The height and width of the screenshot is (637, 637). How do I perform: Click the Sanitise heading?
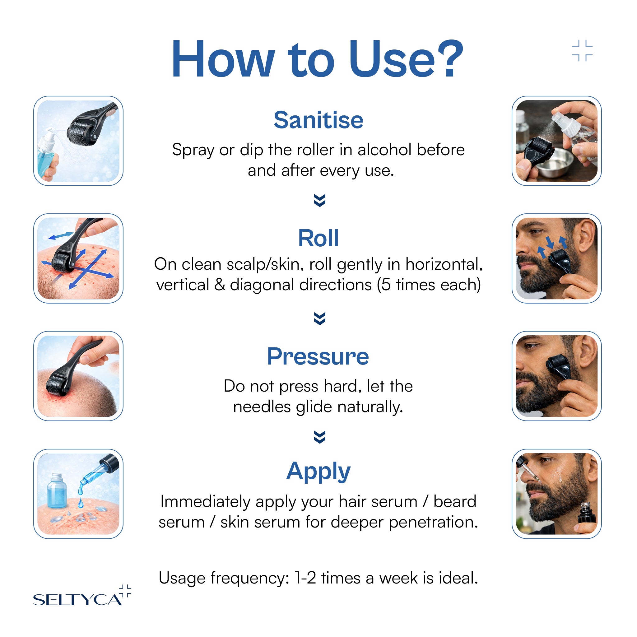[x=318, y=120]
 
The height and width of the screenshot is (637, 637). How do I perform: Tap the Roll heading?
[x=318, y=238]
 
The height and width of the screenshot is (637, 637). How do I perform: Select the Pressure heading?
[x=318, y=356]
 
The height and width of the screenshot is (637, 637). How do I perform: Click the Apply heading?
[x=318, y=472]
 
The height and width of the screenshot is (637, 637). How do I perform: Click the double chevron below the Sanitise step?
[x=319, y=200]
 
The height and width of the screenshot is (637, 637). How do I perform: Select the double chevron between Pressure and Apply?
[x=319, y=437]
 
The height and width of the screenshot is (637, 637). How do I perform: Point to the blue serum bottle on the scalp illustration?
[x=57, y=491]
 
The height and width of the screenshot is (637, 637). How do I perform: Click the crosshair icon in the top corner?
[x=582, y=50]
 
